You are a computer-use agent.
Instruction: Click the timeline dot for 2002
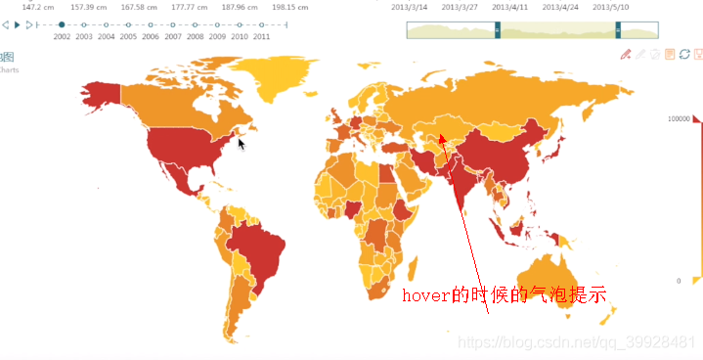tap(62, 23)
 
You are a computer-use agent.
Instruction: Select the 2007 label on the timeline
tap(173, 36)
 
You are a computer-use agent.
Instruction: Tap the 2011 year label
tap(261, 36)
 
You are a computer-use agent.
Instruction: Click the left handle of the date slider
tap(497, 30)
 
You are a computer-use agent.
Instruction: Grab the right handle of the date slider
tap(618, 30)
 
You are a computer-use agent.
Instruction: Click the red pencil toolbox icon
tap(626, 55)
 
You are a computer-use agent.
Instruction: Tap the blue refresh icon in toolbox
tap(684, 55)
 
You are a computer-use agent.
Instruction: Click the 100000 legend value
tap(680, 118)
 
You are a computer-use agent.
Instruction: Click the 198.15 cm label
tap(290, 7)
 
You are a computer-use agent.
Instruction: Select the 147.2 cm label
tap(37, 7)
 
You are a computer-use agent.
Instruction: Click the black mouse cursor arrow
tap(242, 143)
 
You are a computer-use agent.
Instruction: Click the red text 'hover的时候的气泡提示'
tap(505, 294)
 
